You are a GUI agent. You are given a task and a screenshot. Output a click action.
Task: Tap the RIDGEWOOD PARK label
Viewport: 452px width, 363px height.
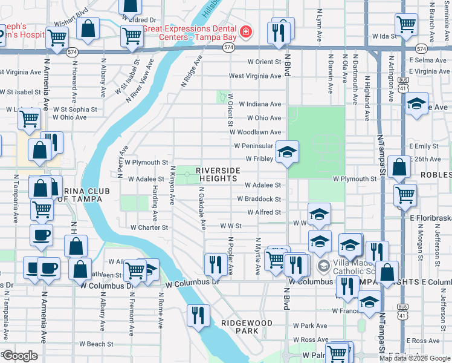tap(247, 327)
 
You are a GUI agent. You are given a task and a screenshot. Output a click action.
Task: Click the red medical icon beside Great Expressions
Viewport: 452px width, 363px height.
tap(246, 31)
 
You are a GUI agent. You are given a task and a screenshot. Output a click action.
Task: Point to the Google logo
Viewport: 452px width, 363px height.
tap(19, 356)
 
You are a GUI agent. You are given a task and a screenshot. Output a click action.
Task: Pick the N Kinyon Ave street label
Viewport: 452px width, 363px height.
tap(173, 185)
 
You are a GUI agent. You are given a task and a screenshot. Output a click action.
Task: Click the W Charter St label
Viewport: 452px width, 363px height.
tap(149, 228)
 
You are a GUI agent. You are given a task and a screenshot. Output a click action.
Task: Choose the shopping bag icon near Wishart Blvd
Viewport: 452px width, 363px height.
tap(88, 28)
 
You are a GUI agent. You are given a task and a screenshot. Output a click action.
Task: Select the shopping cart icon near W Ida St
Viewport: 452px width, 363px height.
tap(406, 24)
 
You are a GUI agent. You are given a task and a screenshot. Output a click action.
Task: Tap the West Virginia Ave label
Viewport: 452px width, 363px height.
tap(254, 76)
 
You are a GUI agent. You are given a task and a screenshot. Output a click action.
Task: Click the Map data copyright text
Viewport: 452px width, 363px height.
tap(414, 358)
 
